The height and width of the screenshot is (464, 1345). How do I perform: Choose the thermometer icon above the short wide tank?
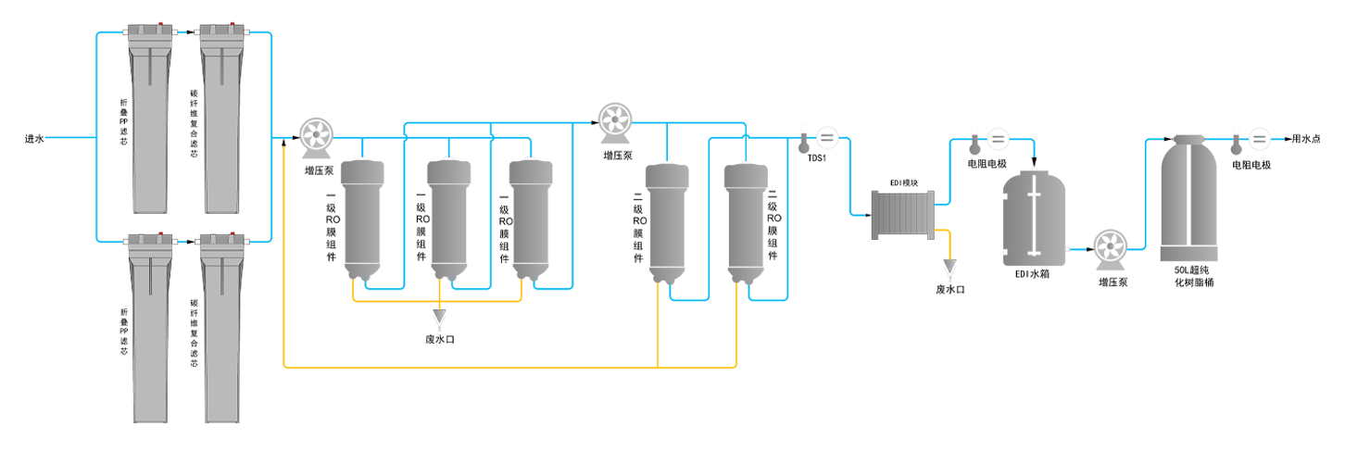click(974, 142)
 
